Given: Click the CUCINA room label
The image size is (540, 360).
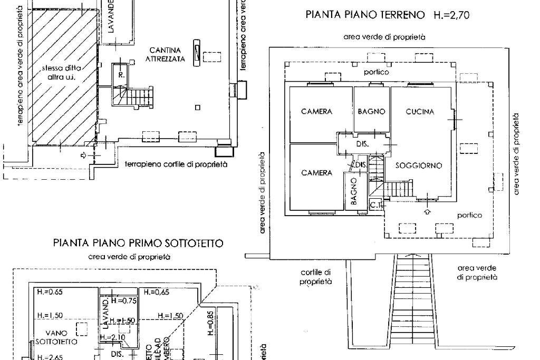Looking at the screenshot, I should pos(420,112).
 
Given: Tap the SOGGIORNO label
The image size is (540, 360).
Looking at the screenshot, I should pos(418,166).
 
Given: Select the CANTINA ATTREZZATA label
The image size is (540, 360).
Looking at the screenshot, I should pos(165,54).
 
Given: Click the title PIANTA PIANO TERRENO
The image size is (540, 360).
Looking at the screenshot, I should pos(365,15).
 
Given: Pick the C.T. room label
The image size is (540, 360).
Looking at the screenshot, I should pos(376,204).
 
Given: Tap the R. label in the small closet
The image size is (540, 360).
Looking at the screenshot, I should pos(121,75).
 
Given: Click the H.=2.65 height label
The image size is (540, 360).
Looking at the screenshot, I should pos(50,357).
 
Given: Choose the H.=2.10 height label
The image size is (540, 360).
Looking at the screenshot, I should pos(112,337).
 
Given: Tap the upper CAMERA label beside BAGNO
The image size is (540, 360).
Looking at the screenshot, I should pos(316,112).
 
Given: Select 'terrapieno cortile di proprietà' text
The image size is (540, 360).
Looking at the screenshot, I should pos(176,164).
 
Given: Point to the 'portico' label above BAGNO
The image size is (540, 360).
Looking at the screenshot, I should pos(377,72).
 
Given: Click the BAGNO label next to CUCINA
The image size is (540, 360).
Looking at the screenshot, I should pos(371,112).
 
